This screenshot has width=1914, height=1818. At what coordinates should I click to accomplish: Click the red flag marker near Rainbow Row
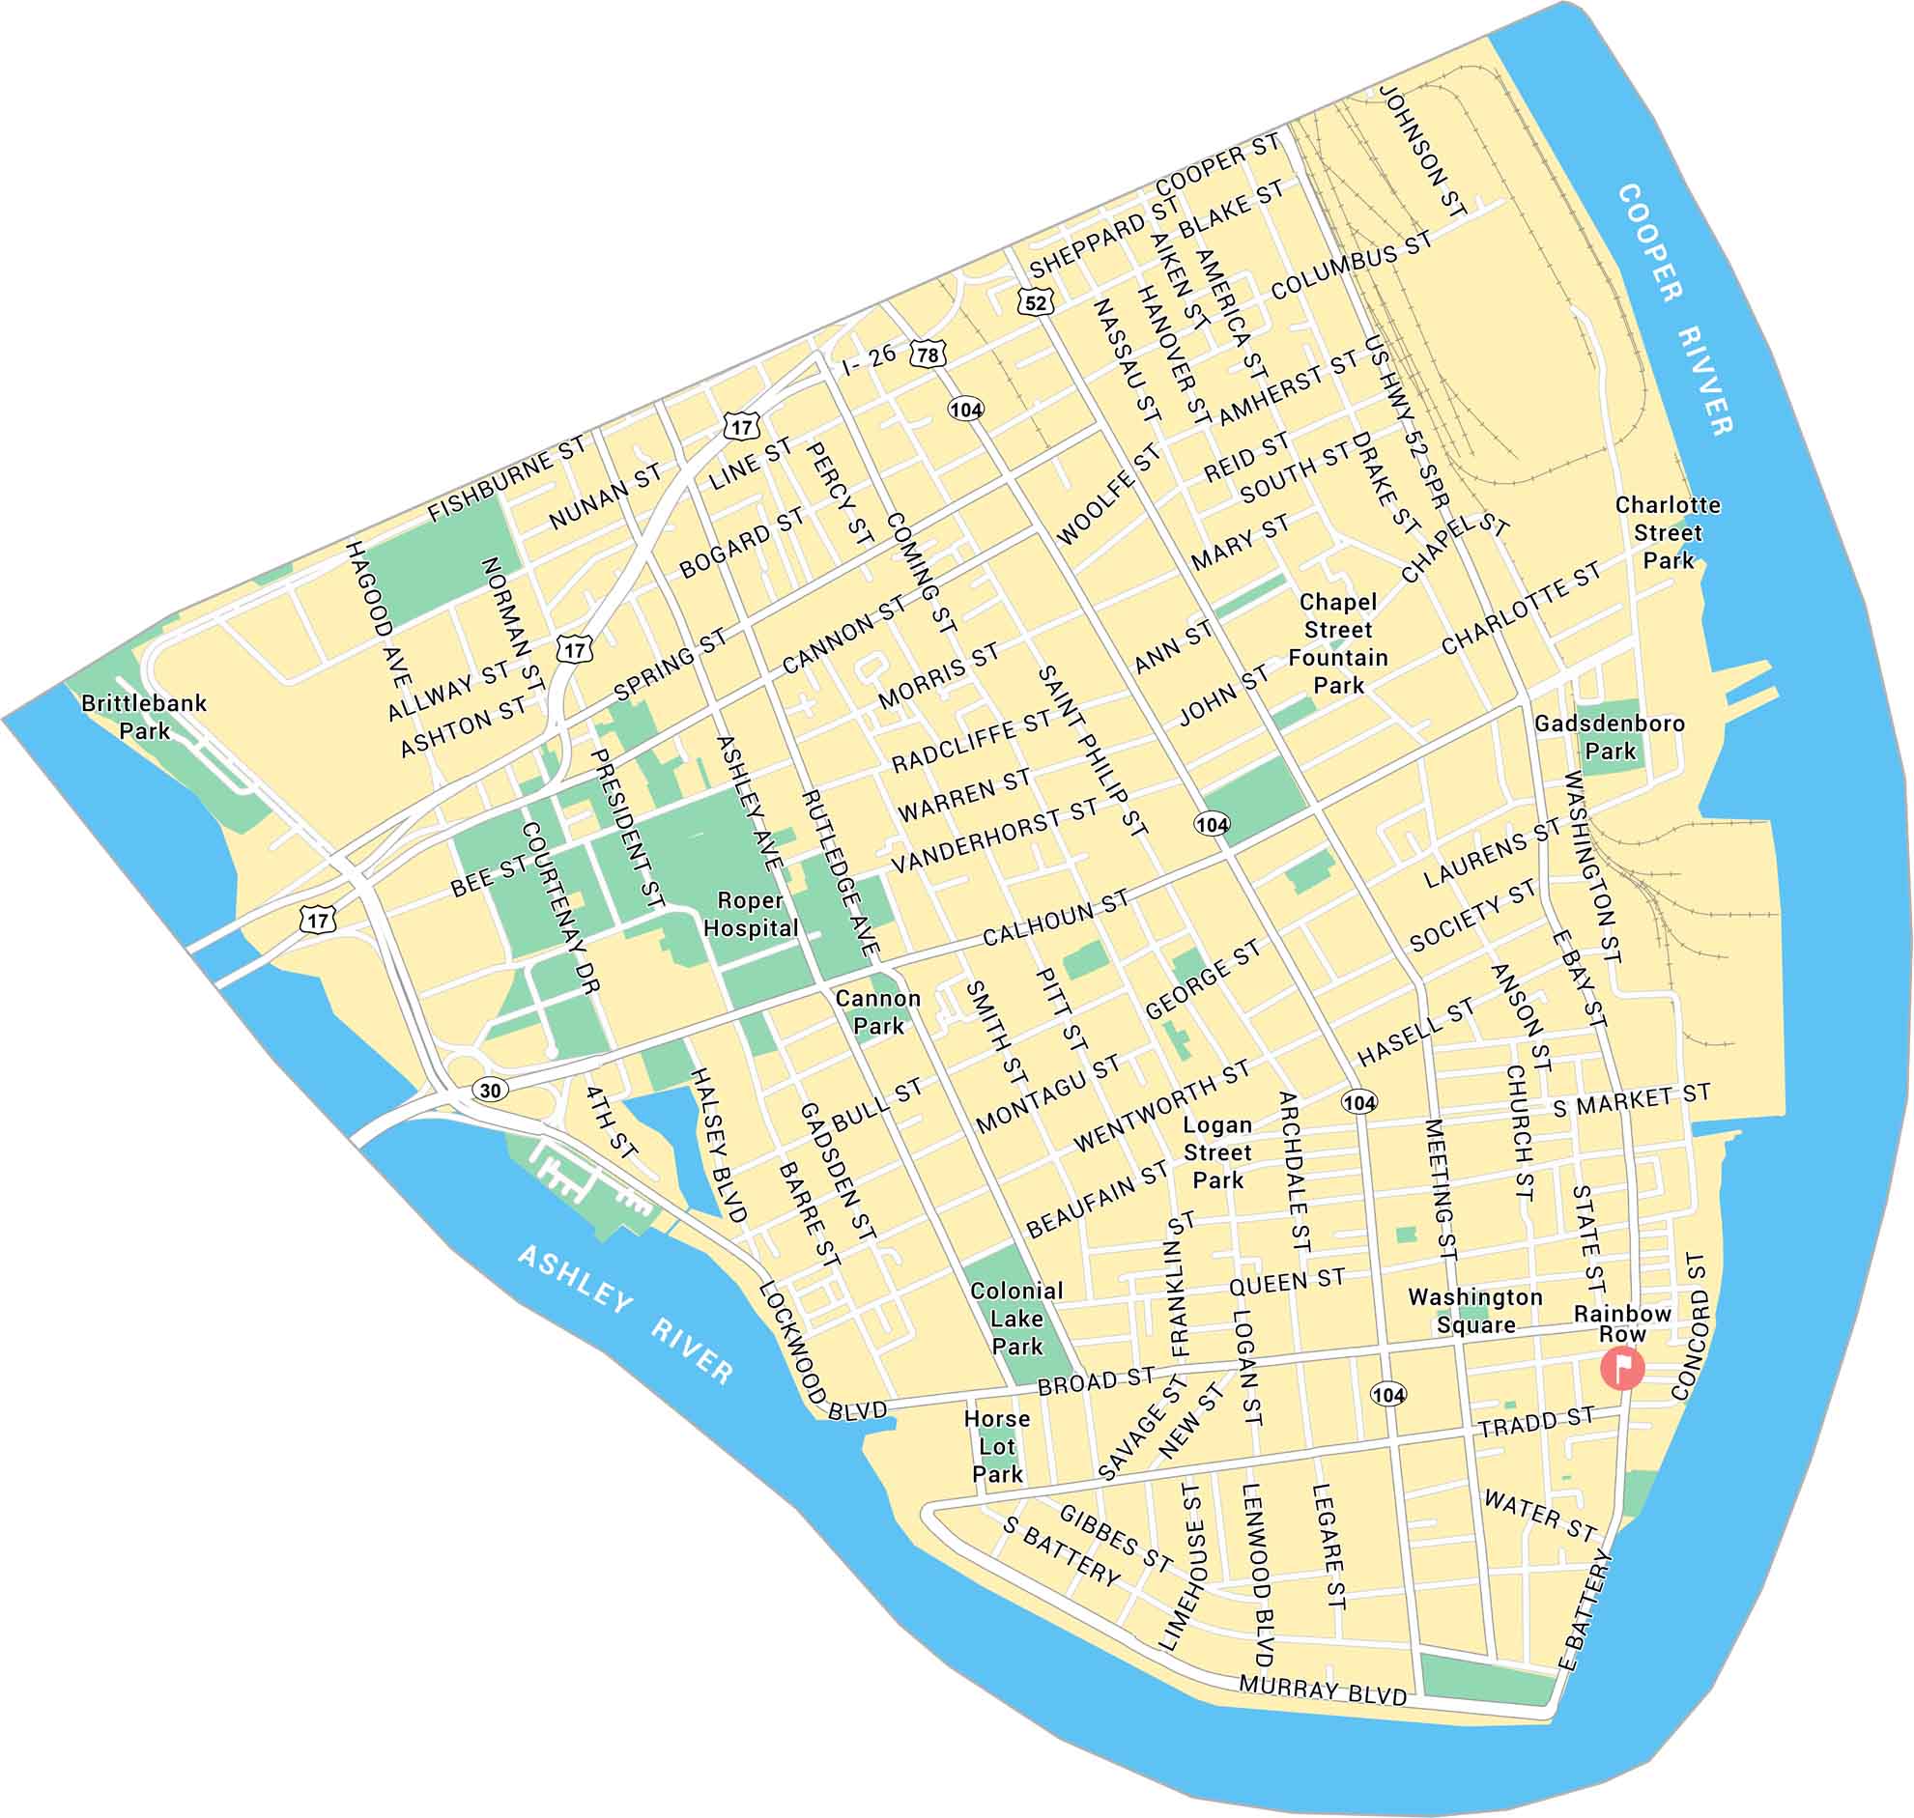(1621, 1368)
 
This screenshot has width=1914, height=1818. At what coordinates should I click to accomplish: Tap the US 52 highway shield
(1035, 302)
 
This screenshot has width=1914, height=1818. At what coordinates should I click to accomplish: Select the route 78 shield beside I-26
(928, 355)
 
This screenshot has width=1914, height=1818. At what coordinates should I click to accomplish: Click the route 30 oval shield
(491, 1091)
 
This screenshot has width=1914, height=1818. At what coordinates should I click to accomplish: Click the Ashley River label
(625, 1313)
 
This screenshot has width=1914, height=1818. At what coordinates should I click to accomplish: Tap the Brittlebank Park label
(143, 716)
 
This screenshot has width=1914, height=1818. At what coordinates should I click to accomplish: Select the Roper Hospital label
(751, 914)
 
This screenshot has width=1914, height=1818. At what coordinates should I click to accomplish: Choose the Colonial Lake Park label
(1016, 1318)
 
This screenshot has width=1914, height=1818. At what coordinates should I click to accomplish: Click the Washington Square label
(1475, 1310)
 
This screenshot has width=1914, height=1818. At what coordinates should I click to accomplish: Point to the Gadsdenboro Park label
(1610, 736)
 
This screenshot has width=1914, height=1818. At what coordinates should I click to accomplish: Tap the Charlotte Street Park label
(1668, 532)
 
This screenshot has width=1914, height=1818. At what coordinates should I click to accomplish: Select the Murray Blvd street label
(1323, 1690)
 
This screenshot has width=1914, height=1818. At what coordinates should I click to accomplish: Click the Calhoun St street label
(1056, 918)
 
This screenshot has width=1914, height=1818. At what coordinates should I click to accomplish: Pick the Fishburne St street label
(507, 478)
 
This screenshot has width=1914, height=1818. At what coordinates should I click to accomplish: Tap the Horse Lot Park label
(996, 1446)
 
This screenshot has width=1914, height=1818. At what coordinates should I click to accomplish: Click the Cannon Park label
(878, 1011)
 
